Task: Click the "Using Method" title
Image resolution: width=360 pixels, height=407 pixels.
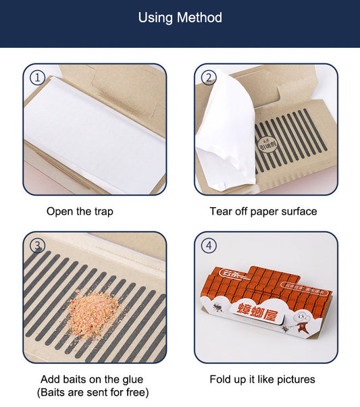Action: point(180,18)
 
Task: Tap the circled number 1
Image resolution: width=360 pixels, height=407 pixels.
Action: point(38,78)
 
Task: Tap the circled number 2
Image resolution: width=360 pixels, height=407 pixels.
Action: point(209,78)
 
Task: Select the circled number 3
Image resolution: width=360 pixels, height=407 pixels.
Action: point(38,245)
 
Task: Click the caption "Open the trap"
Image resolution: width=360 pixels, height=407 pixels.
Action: point(80,211)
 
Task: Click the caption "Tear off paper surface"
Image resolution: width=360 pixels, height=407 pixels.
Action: point(263,211)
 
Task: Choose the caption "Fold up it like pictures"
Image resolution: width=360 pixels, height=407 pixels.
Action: point(263,379)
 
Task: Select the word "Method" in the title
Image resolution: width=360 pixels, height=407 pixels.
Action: point(200,18)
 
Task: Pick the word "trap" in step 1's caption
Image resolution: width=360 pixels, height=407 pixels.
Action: point(102,211)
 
